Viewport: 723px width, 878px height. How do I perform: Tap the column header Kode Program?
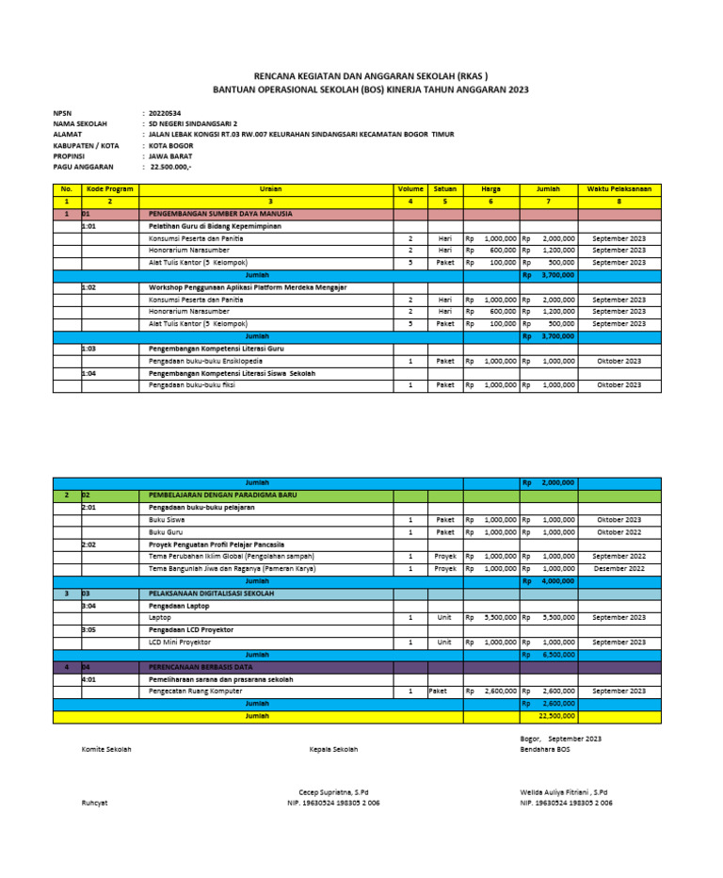(x=109, y=189)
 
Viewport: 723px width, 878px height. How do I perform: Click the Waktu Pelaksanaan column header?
(x=619, y=189)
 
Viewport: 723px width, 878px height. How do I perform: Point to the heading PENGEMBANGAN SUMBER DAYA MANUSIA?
(x=220, y=214)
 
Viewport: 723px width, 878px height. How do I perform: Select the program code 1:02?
(x=89, y=286)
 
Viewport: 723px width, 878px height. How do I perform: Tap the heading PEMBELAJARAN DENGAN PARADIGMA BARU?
(x=222, y=495)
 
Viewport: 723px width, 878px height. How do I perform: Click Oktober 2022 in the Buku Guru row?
(x=619, y=532)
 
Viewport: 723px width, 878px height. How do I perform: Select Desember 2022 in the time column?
(x=619, y=569)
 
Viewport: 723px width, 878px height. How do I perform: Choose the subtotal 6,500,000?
(x=558, y=655)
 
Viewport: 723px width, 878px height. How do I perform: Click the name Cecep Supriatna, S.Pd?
(x=333, y=792)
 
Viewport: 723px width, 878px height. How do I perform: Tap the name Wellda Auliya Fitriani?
(x=559, y=792)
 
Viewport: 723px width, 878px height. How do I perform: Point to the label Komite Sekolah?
(x=106, y=749)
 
